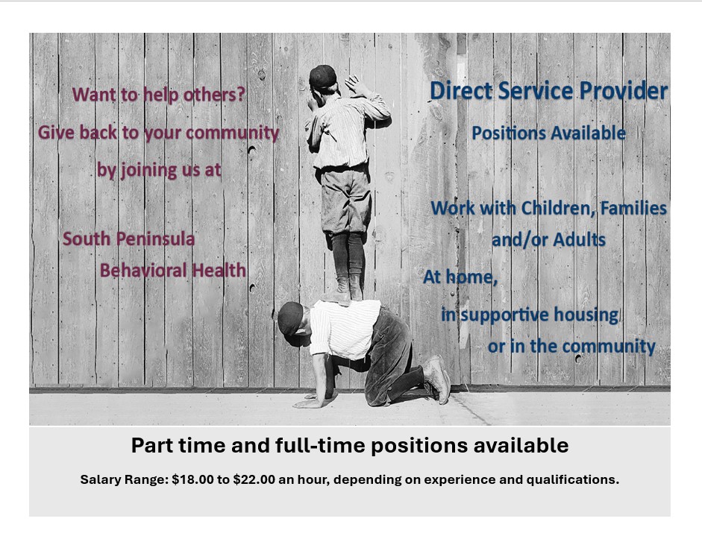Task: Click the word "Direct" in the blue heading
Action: pos(461,90)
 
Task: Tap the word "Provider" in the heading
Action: pos(623,90)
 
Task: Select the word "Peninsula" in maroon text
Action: pos(157,239)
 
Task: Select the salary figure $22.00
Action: pos(254,479)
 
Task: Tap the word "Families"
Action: pos(633,208)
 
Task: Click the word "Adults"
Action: pos(580,239)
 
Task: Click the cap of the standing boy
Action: pos(322,76)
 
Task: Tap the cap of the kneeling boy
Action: pos(290,318)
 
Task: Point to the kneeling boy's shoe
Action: pos(438,378)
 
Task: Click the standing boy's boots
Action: pos(344,291)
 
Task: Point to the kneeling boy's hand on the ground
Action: pos(310,403)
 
